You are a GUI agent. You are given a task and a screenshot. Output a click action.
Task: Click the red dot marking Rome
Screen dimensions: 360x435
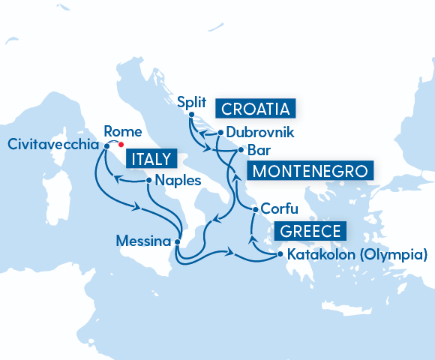[121, 146]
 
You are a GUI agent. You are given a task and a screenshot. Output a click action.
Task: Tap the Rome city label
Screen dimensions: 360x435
[118, 130]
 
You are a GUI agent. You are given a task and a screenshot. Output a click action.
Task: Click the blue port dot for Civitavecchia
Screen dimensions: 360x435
[106, 146]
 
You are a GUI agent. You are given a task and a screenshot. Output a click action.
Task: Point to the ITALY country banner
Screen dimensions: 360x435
[151, 159]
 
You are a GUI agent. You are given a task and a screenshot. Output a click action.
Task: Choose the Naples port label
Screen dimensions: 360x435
[179, 181]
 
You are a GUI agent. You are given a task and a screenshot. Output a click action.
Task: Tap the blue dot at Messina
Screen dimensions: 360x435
[177, 242]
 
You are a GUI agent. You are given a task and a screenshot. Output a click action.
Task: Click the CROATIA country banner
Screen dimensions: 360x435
[256, 109]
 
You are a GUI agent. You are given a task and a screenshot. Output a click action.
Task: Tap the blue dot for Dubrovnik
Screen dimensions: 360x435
[220, 133]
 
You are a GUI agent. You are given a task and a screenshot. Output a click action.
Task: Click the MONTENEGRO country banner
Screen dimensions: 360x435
[310, 171]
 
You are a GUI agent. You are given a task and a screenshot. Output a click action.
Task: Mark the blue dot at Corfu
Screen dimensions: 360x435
[256, 209]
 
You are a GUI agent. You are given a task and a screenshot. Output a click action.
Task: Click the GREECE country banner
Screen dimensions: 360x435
[310, 231]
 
